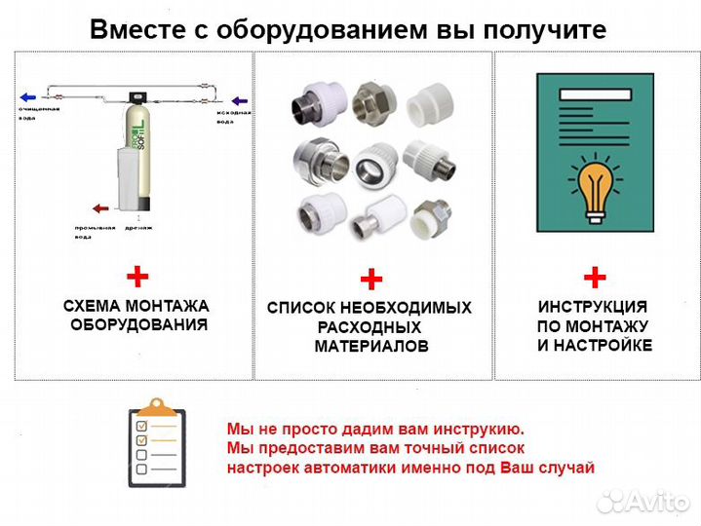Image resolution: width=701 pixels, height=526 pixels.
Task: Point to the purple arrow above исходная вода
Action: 239,100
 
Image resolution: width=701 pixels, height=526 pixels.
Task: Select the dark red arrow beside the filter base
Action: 98,207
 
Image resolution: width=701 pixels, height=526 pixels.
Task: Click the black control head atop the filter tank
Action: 136,98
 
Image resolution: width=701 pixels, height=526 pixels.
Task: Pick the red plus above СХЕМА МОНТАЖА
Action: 137,277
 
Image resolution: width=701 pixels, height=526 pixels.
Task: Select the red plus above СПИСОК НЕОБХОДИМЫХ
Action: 370,281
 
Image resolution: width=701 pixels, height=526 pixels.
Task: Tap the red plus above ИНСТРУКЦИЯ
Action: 594,277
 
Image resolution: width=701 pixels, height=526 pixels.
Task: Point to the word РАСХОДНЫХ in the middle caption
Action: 370,327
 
